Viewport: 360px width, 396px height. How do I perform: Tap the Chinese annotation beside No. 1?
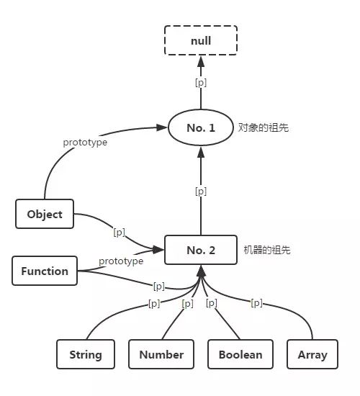[x=264, y=127]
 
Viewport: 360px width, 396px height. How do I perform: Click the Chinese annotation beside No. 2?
[x=267, y=250]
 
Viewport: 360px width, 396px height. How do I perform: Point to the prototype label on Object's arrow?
[x=85, y=143]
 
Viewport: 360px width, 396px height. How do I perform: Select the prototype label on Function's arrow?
[x=121, y=261]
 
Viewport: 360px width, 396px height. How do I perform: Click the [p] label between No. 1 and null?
[x=201, y=83]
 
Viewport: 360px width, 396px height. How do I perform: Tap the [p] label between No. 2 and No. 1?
[x=201, y=192]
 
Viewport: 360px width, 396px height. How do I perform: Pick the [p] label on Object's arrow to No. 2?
[x=120, y=232]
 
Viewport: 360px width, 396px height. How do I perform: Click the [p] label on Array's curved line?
[x=256, y=302]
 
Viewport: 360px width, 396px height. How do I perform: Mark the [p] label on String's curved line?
[x=154, y=303]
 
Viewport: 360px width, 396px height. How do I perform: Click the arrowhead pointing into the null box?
[x=201, y=61]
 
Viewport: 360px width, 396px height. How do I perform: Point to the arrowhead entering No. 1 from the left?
[x=162, y=127]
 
